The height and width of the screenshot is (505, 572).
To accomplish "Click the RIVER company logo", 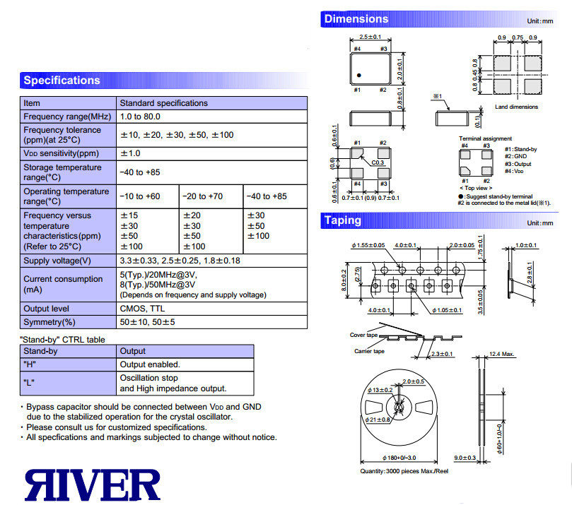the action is point(93,485).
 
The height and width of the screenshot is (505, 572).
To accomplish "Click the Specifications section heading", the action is point(62,80).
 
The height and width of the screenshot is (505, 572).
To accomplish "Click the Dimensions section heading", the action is point(356,19).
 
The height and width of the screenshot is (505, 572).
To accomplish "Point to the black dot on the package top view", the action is point(359,76).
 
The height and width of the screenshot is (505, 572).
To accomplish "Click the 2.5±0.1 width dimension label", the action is point(370,37).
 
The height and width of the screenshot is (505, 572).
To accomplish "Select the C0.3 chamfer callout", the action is point(378,162).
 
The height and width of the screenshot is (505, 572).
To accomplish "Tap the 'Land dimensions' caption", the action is point(517,107).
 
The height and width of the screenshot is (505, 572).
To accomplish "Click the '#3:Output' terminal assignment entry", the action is point(518,164).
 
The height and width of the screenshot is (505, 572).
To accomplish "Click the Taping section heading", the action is point(342,220).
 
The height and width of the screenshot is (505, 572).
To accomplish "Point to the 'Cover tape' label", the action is point(363,335).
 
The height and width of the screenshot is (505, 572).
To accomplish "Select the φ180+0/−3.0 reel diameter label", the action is point(399,458).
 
